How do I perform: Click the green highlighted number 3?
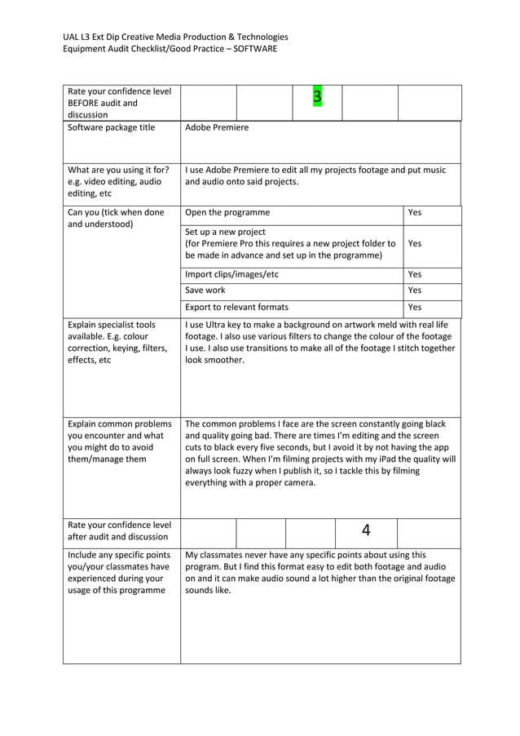point(317,98)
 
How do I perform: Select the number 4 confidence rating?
point(366,530)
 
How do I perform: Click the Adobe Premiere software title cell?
point(217,128)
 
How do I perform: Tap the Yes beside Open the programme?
point(414,212)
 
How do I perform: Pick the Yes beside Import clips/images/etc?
point(414,274)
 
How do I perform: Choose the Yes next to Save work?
point(414,290)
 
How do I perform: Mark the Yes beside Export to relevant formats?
point(414,308)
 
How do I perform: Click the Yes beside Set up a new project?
point(414,243)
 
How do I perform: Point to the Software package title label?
point(111,128)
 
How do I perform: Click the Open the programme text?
point(227,212)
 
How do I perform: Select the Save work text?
point(205,290)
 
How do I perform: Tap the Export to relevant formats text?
point(236,308)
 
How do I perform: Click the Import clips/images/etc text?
point(231,274)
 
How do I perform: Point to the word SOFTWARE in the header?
point(254,49)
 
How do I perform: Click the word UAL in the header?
point(72,37)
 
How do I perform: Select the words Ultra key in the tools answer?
point(224,325)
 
